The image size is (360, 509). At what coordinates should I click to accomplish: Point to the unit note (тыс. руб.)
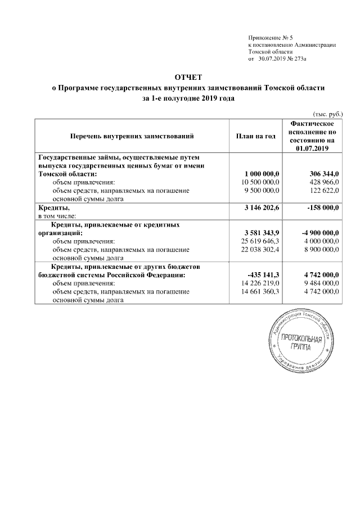327,112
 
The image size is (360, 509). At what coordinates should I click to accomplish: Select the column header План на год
253,136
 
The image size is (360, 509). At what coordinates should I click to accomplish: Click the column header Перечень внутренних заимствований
132,136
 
